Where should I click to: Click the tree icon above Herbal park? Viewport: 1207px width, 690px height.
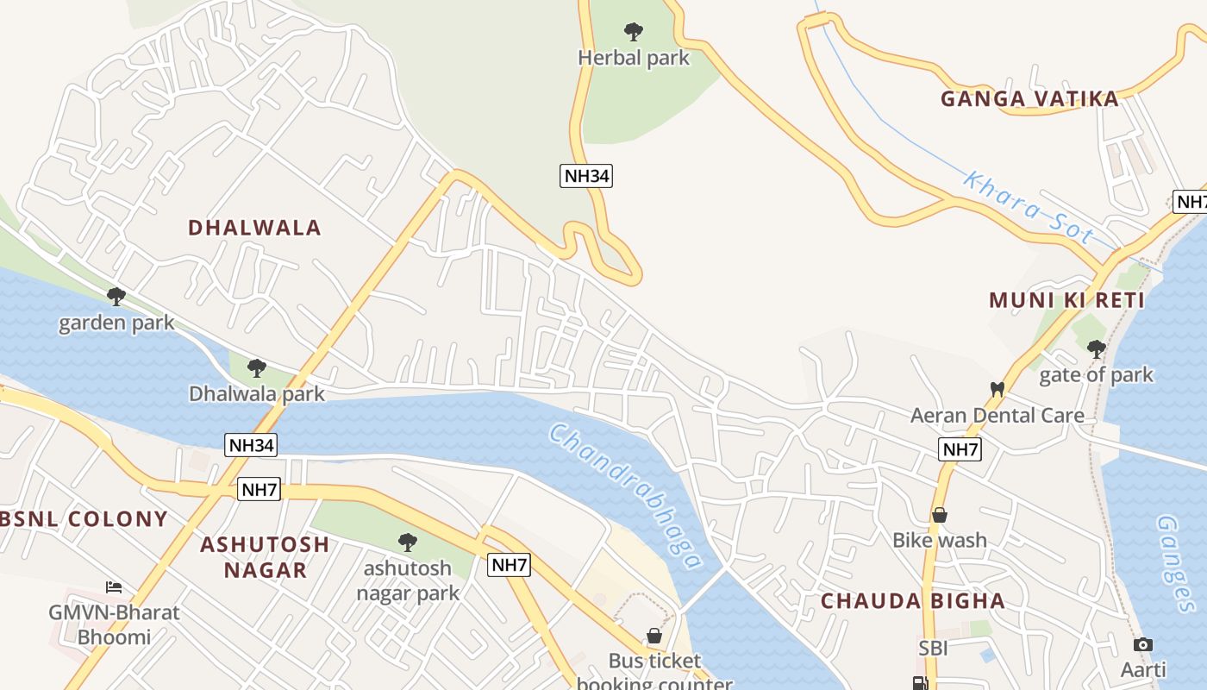click(634, 33)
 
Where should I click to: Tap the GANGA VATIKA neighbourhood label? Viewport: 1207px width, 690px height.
click(1029, 99)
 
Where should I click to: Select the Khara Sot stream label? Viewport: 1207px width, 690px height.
click(1028, 207)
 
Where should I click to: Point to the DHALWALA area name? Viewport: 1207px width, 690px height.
click(254, 228)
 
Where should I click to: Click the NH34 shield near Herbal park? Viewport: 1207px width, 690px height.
click(586, 176)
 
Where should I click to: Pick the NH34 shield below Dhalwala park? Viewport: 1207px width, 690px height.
click(252, 445)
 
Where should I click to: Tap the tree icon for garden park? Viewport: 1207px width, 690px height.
click(116, 298)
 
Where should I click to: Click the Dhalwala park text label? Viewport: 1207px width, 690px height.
click(257, 394)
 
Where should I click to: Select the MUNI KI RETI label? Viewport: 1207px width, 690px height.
click(1066, 301)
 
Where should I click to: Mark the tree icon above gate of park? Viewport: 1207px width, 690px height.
click(1096, 349)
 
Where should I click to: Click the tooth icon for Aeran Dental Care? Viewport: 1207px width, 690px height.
click(997, 389)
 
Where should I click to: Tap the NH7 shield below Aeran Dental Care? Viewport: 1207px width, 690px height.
click(960, 449)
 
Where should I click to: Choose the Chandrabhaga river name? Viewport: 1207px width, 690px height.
click(626, 495)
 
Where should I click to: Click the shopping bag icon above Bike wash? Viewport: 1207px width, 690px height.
click(940, 515)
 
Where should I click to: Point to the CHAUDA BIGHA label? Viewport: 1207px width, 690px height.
click(912, 601)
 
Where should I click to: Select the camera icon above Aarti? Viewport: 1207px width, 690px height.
click(1143, 644)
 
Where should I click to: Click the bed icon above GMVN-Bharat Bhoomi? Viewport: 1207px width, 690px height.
click(113, 587)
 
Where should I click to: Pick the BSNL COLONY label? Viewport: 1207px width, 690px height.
click(84, 519)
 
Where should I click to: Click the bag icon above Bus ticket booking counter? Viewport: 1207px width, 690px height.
click(654, 637)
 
